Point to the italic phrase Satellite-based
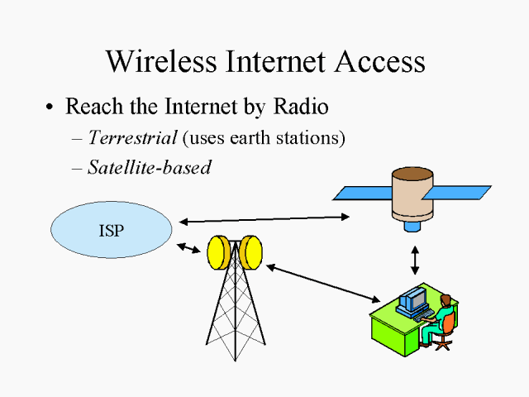pyautogui.click(x=149, y=167)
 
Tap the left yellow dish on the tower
pyautogui.click(x=219, y=252)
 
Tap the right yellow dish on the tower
pyautogui.click(x=251, y=252)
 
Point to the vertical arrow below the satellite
pyautogui.click(x=415, y=258)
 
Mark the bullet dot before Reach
pyautogui.click(x=51, y=108)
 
